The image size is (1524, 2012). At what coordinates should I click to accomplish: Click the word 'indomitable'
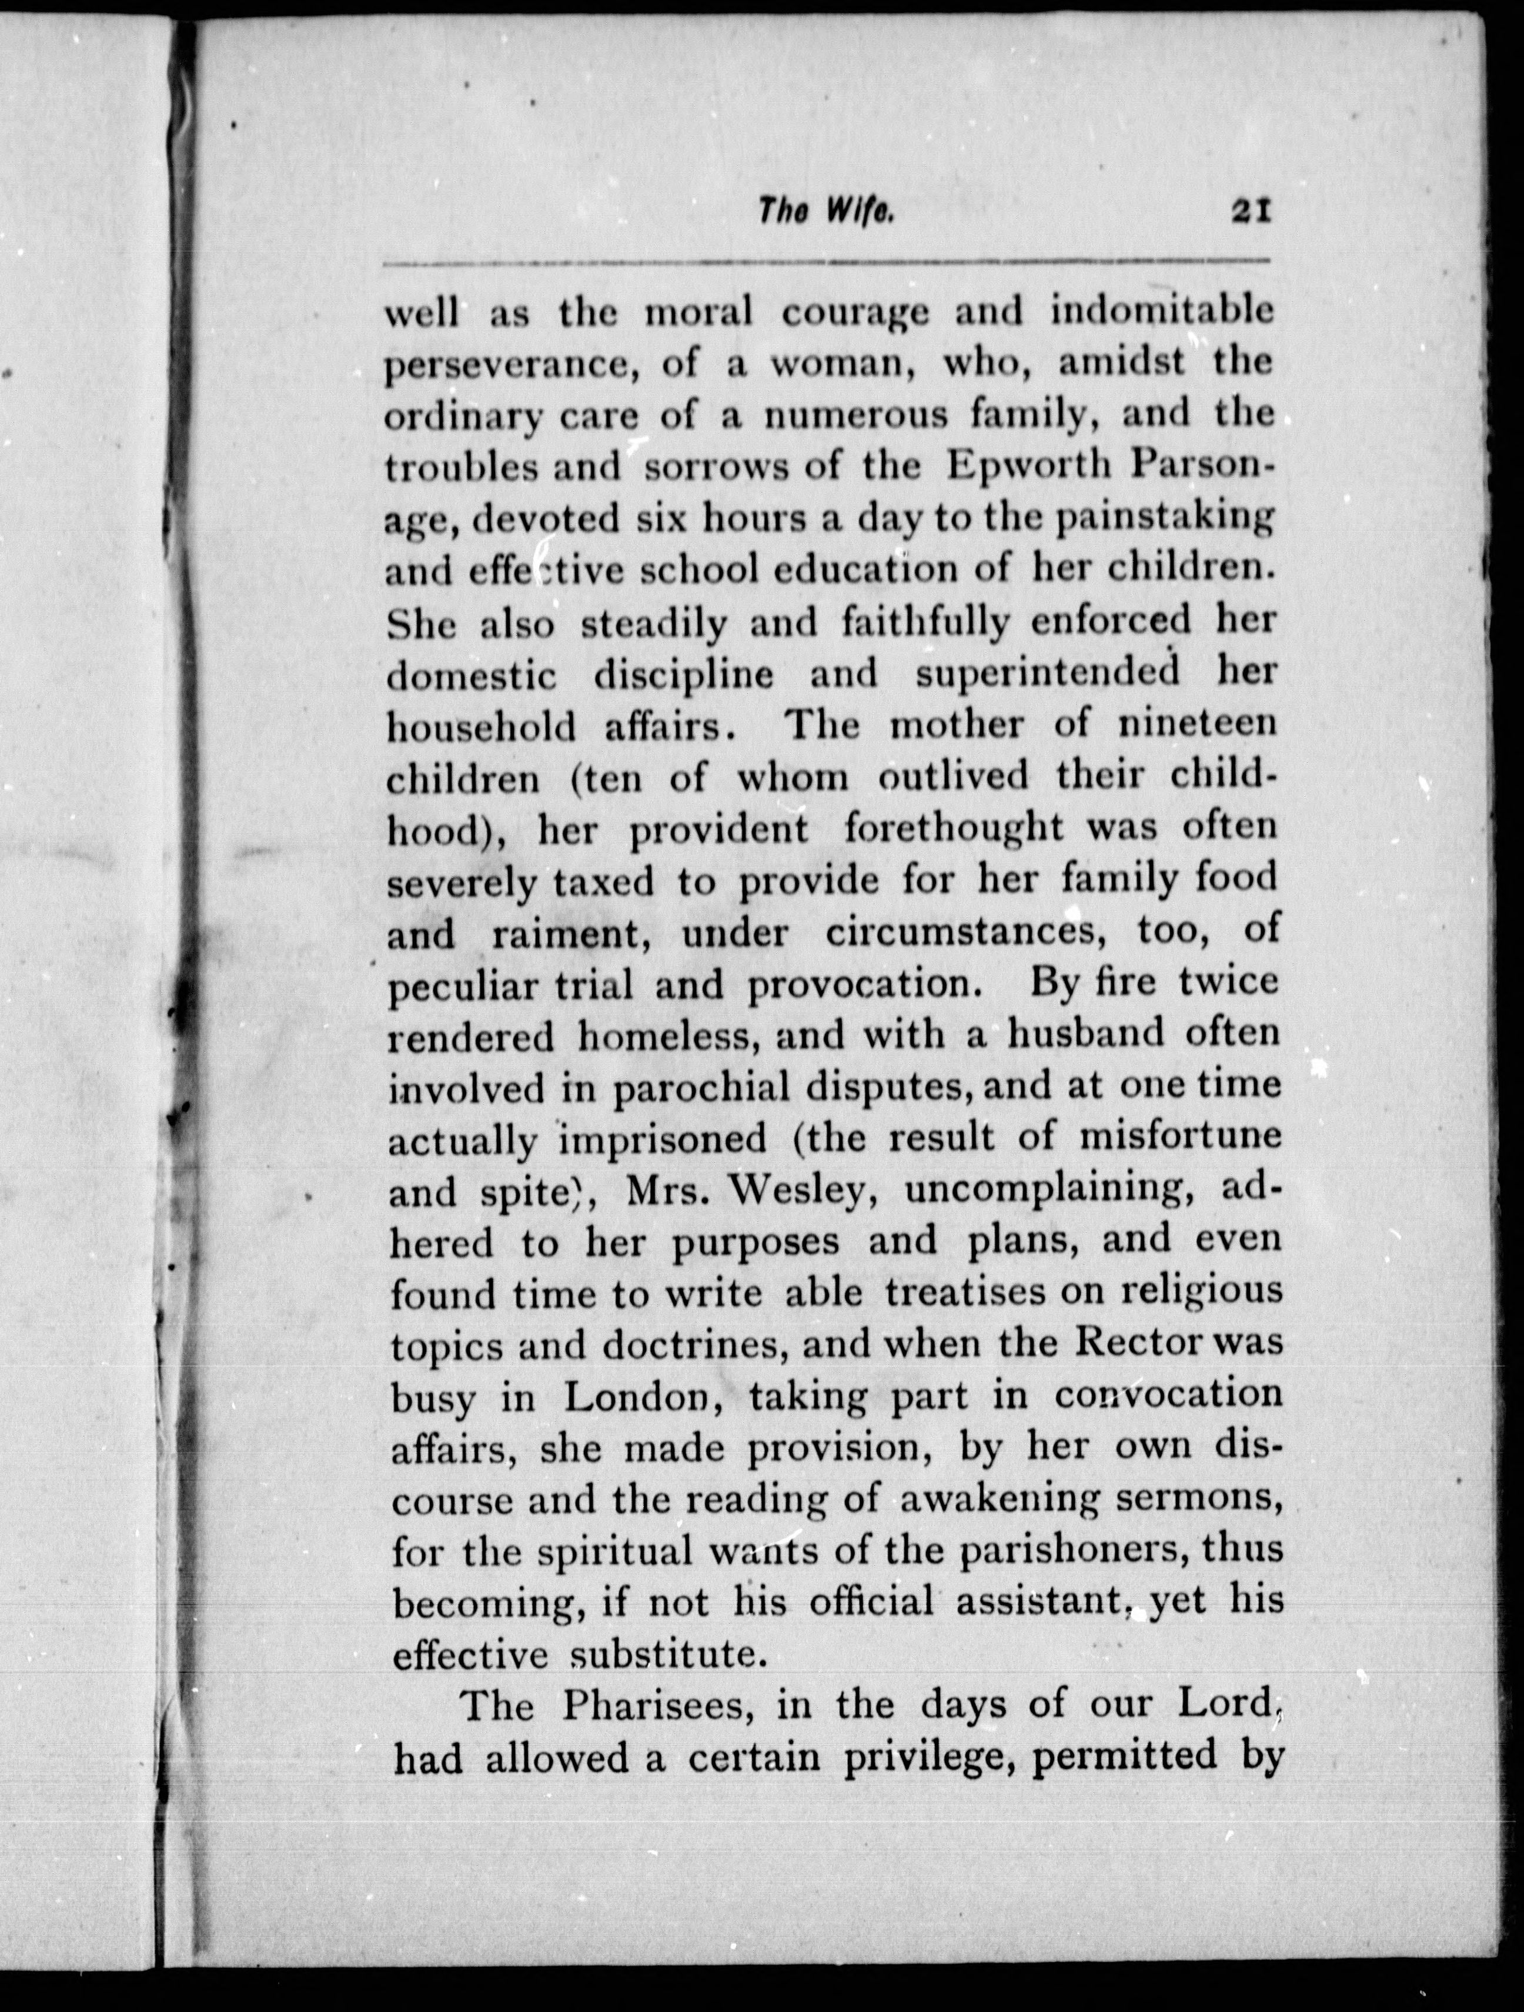point(1162,312)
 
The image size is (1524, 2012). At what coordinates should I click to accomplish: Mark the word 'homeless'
point(663,1036)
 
